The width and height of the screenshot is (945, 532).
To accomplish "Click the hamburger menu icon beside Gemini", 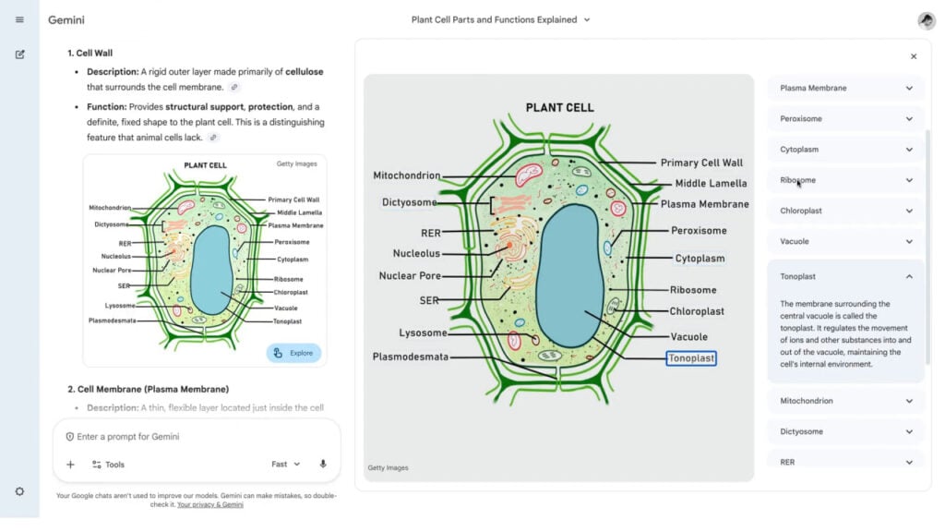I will pos(19,19).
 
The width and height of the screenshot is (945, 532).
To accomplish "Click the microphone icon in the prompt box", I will pos(323,465).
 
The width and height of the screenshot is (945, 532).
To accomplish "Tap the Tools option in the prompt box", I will pos(108,465).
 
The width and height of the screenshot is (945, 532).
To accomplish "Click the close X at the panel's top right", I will pos(914,56).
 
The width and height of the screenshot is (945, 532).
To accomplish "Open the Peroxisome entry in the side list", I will pos(845,119).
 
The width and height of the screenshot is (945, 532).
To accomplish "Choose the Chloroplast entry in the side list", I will pos(845,211).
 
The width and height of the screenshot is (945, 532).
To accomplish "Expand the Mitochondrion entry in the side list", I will pos(845,401).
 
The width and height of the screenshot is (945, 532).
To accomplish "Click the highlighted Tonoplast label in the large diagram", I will pos(691,358).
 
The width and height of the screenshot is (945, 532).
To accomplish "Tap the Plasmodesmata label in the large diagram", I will pos(410,357).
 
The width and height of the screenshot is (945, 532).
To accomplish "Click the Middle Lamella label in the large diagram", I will pos(711,183).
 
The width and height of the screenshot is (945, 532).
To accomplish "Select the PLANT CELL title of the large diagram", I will pos(558,107).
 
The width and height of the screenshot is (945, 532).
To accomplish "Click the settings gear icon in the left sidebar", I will pos(19,491).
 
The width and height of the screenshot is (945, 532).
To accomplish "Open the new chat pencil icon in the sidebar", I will pos(19,54).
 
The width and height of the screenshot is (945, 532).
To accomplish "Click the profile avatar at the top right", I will pos(927,20).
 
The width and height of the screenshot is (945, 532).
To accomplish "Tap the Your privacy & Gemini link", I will pos(210,505).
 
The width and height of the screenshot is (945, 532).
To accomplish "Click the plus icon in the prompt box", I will pos(70,465).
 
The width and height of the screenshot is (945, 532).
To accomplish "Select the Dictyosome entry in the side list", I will pos(845,431).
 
